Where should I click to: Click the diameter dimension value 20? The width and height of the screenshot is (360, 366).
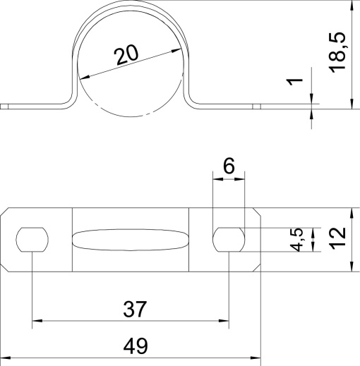pos(128,54)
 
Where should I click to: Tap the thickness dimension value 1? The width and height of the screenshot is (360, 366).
pos(297,83)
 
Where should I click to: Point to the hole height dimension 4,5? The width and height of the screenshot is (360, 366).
pos(299,239)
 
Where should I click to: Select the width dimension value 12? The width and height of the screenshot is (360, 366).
pos(337,239)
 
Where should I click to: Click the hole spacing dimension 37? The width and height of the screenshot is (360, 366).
pos(134,308)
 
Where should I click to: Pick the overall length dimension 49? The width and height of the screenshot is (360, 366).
pos(134,346)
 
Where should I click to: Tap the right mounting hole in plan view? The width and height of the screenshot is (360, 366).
pos(229,239)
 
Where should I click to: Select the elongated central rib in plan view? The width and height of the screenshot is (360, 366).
pos(131,239)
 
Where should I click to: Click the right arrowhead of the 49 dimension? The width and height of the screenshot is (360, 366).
pos(257,359)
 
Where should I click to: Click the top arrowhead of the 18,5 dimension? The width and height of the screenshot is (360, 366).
pos(351,6)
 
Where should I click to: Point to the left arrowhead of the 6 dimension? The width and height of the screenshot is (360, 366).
pos(216,179)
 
